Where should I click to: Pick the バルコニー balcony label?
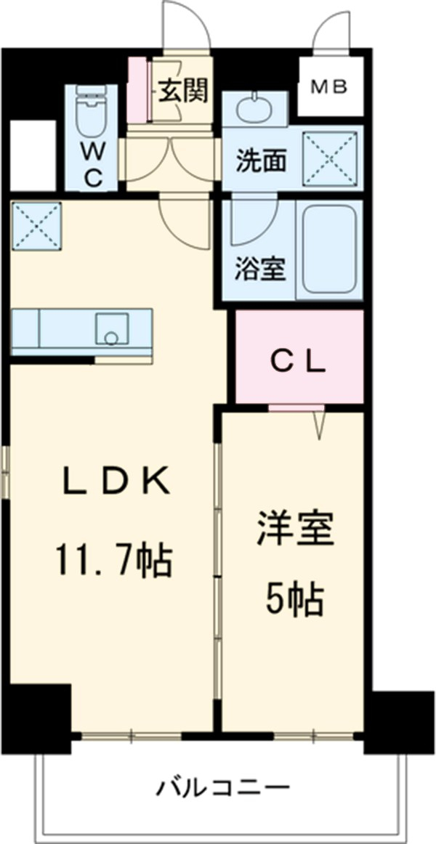(x=223, y=787)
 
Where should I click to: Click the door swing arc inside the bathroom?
(x=251, y=225)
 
